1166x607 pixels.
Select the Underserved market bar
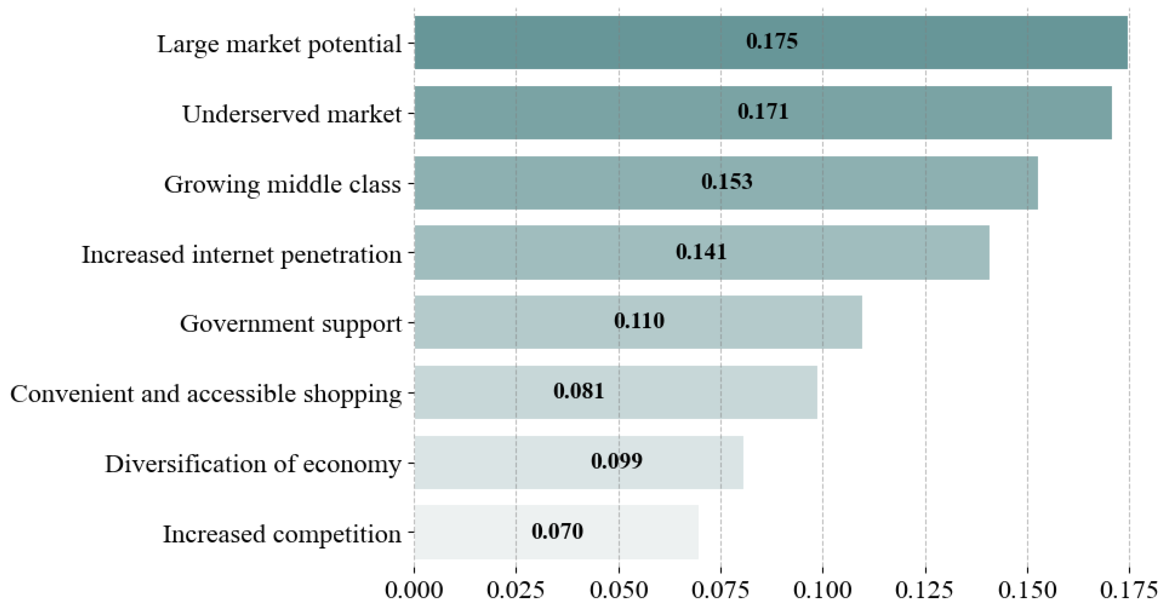pyautogui.click(x=763, y=113)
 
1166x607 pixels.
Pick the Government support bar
pyautogui.click(x=638, y=322)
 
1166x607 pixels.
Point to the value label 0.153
pyautogui.click(x=726, y=182)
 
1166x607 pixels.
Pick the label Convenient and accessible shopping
pyautogui.click(x=206, y=394)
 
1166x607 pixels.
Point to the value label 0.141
pyautogui.click(x=701, y=252)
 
